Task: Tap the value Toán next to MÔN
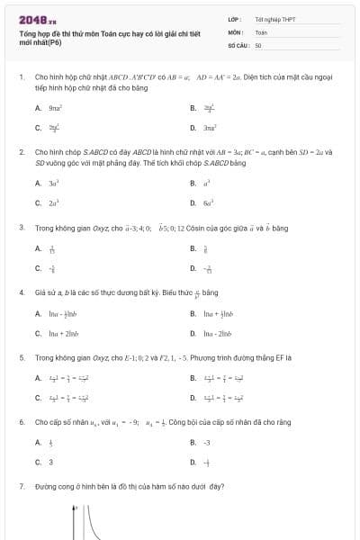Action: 261,31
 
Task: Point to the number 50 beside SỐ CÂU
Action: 258,43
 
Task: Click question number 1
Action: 22,77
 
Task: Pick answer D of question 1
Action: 206,129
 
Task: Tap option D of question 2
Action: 206,203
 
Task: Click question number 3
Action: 22,227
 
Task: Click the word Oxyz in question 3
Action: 93,227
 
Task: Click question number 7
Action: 22,486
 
